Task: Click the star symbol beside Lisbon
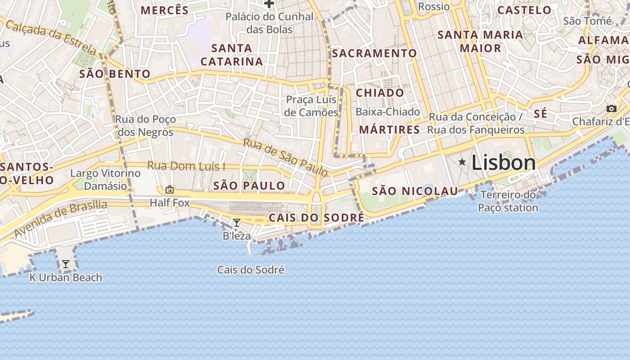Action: pyautogui.click(x=462, y=162)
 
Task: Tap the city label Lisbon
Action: pyautogui.click(x=504, y=163)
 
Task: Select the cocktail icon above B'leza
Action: pyautogui.click(x=236, y=222)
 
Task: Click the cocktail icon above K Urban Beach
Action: pyautogui.click(x=66, y=264)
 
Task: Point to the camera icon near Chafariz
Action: pyautogui.click(x=611, y=108)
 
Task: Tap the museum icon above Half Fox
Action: pyautogui.click(x=170, y=189)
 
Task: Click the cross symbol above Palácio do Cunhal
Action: pyautogui.click(x=269, y=4)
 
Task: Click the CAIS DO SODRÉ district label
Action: pyautogui.click(x=316, y=218)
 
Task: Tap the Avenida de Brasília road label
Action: pyautogui.click(x=60, y=219)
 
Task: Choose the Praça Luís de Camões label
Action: pyautogui.click(x=311, y=106)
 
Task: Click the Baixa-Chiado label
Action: pyautogui.click(x=388, y=112)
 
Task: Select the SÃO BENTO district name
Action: pyautogui.click(x=115, y=74)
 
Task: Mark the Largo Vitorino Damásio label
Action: pyautogui.click(x=105, y=180)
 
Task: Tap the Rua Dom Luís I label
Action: pyautogui.click(x=186, y=166)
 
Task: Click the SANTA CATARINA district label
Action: pyautogui.click(x=232, y=54)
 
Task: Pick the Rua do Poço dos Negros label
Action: pyautogui.click(x=145, y=126)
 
